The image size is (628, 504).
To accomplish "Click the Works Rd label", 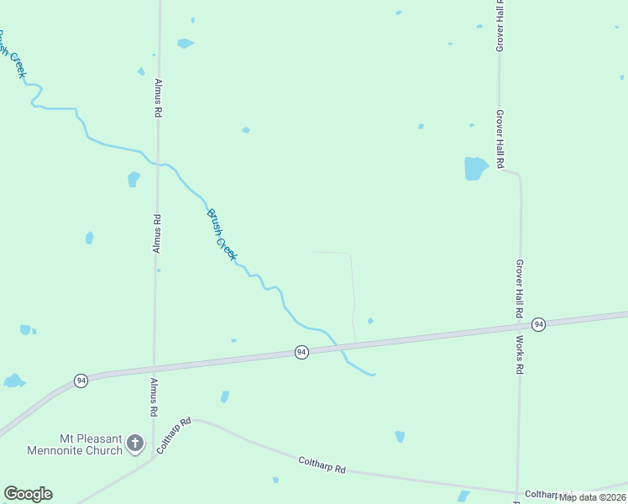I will coord(521,355).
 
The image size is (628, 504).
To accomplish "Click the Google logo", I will coord(28,494).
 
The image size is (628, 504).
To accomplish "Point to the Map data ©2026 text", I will coord(591,497).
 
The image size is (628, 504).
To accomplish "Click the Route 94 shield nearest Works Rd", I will coord(539,324).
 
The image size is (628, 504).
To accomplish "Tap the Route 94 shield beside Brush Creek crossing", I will coord(301,352).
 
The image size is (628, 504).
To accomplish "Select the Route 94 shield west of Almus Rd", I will coord(81,380).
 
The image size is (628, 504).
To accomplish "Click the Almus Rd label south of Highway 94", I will coord(154,397).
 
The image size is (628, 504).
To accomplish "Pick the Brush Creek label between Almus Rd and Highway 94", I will coord(222,234).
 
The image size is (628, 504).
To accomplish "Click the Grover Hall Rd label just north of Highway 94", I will coord(521,287).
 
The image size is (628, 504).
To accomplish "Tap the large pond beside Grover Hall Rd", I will coord(475,168).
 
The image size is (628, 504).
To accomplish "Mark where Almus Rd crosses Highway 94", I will coord(154,368).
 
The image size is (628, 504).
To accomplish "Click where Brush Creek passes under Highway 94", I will coord(338,348).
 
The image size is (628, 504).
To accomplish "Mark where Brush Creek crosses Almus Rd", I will coord(157,164).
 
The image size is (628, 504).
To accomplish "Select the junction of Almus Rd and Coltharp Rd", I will coord(152,458).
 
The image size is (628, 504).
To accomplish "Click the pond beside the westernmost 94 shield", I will coord(13,381).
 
